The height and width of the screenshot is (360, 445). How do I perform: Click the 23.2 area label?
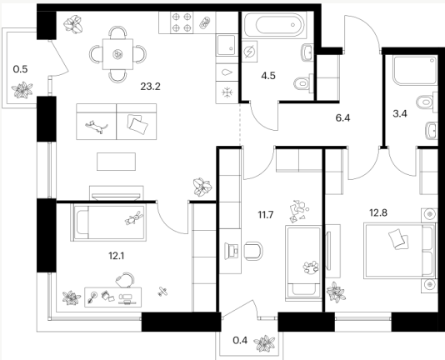[x=150, y=86]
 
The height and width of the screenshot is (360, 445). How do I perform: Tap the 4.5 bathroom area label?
[x=268, y=76]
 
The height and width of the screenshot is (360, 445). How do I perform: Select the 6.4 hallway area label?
[x=342, y=117]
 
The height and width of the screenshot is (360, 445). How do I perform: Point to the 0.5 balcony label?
[x=21, y=69]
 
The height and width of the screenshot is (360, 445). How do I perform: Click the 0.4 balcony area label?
[x=240, y=340]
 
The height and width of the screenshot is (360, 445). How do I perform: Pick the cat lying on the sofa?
[x=97, y=127]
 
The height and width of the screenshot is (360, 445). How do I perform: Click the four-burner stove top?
[x=182, y=22]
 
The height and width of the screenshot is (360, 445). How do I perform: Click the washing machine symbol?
[x=249, y=52]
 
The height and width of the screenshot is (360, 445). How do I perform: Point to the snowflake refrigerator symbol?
[x=227, y=92]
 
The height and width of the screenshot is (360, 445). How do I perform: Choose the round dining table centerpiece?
[x=117, y=54]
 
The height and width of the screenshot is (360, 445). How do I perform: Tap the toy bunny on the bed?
[x=134, y=218]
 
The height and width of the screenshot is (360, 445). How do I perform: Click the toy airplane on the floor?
[x=162, y=292]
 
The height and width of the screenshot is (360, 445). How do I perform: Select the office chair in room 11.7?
[x=253, y=251]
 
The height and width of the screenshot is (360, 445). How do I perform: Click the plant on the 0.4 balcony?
[x=264, y=343]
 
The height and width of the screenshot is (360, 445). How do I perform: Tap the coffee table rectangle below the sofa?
[x=116, y=162]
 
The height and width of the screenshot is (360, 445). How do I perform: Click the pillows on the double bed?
[x=398, y=239]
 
